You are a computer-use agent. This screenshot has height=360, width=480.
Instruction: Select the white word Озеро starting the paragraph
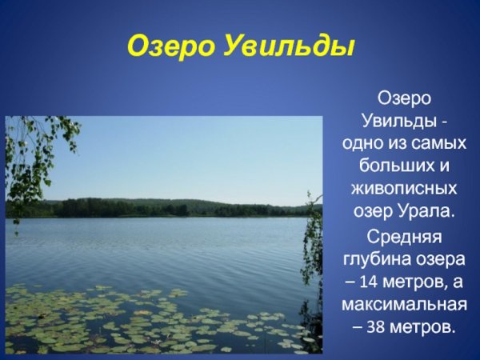[x=404, y=98]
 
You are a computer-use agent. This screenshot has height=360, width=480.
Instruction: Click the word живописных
[x=404, y=190]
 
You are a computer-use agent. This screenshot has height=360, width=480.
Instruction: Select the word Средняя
[x=404, y=238]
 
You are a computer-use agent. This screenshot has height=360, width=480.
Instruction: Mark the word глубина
[x=378, y=260]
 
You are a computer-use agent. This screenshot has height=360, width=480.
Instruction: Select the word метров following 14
[x=416, y=282]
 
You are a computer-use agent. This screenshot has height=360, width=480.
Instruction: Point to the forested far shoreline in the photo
[x=160, y=208]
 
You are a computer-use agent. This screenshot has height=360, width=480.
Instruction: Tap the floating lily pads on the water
[x=160, y=320]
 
